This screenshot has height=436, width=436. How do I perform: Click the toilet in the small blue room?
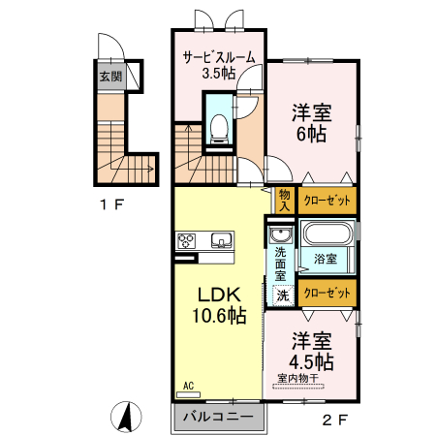219,129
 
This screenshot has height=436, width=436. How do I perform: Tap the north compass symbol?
126,417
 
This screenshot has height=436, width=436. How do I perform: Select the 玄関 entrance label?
110,77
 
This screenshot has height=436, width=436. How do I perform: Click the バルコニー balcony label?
218,417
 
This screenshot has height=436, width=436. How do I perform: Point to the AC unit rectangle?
188,394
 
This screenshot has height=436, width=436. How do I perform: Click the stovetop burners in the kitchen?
186,241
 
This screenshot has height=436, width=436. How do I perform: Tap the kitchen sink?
222,241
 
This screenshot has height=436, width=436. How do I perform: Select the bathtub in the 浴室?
327,234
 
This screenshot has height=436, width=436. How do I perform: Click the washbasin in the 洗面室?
281,234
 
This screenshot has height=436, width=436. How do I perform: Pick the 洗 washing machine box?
283,296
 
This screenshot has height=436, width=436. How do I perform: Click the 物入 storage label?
285,201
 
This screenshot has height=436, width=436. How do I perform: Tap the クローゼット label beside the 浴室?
327,293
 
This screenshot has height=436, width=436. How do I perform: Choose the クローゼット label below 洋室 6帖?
327,201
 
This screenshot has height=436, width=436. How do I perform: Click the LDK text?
219,295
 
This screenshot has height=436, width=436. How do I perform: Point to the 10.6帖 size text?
219,316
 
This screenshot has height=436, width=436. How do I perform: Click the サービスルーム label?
219,57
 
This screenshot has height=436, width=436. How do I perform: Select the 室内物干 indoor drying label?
298,378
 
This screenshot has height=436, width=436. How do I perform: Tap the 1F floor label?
112,204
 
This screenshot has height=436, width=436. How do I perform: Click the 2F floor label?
335,420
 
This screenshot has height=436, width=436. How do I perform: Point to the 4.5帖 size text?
311,361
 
